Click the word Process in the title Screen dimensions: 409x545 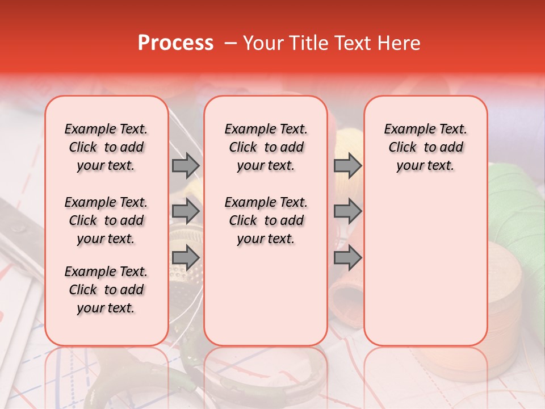175,43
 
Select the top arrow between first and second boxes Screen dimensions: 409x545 186,165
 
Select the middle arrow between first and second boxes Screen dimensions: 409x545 186,211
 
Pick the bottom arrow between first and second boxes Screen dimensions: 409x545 186,257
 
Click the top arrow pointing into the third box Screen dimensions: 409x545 347,165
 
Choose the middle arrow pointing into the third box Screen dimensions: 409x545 347,211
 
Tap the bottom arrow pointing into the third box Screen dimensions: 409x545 347,257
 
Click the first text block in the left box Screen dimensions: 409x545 106,147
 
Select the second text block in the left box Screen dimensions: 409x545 106,220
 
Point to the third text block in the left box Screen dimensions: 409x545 106,290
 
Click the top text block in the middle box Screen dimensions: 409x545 266,147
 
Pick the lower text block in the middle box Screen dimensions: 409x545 266,220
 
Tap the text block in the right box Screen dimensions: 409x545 425,147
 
